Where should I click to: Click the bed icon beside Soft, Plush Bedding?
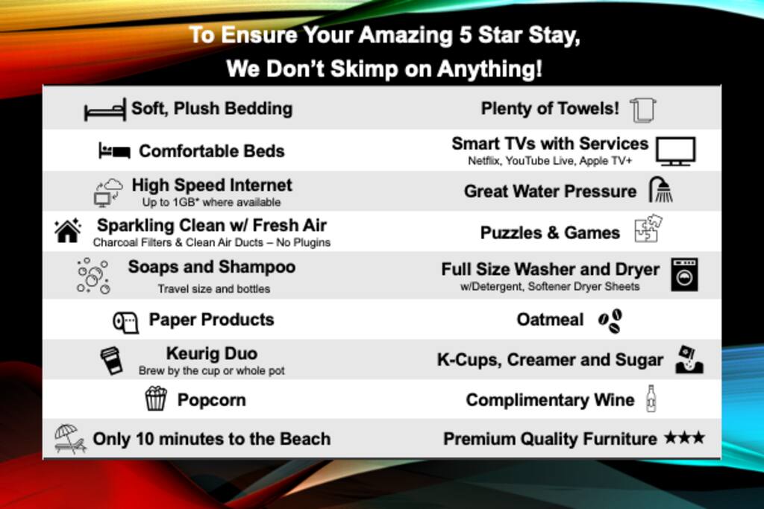click(104, 110)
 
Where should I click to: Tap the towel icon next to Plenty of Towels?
click(642, 110)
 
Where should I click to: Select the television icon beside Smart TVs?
click(675, 151)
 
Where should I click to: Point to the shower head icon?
click(661, 189)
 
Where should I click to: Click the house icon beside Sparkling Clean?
click(68, 230)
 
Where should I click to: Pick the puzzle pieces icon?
click(648, 228)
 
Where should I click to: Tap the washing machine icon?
click(684, 275)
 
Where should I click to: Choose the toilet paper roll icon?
click(125, 322)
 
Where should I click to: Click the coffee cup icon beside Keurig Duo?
click(111, 360)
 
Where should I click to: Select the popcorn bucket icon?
click(156, 398)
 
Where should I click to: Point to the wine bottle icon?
click(651, 399)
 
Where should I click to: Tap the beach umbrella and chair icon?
click(70, 438)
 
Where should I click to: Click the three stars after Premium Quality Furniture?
click(685, 437)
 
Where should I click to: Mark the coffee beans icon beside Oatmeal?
click(610, 321)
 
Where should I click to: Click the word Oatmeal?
click(550, 320)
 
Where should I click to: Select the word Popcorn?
click(211, 400)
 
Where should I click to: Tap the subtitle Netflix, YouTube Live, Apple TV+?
click(550, 161)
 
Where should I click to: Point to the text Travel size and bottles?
click(214, 289)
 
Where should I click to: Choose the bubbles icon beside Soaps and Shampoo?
click(93, 276)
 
